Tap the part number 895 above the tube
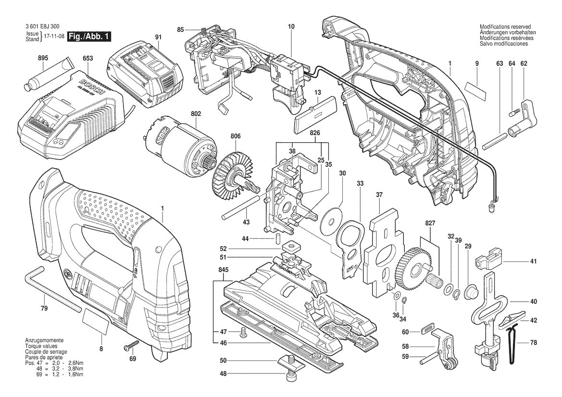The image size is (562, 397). [43, 58]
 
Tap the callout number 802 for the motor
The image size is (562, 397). [182, 114]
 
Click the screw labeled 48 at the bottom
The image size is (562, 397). [290, 374]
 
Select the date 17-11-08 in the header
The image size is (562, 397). [53, 37]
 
